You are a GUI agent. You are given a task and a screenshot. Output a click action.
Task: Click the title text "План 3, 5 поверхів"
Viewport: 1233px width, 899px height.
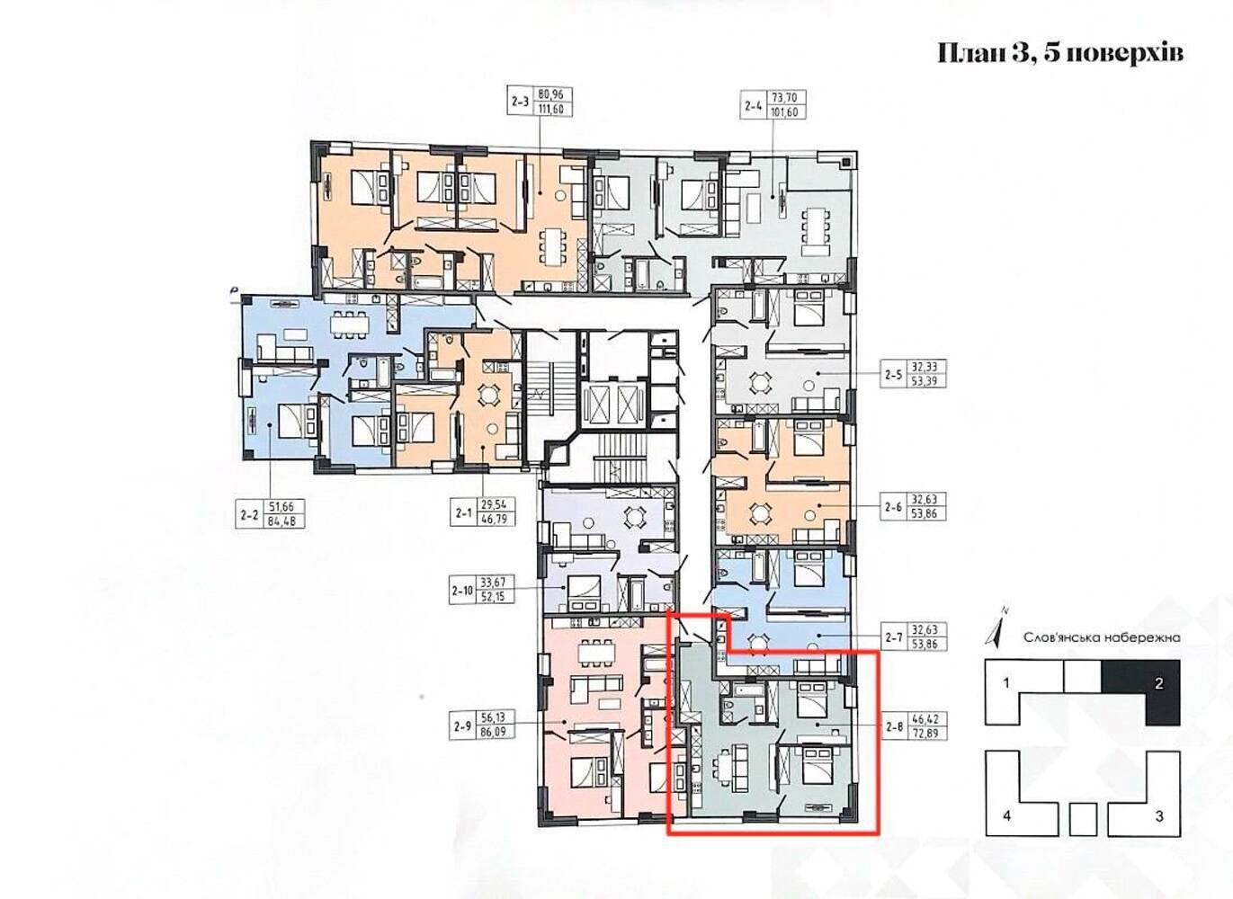click(1060, 55)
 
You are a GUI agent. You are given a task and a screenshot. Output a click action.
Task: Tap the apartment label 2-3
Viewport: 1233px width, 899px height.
click(520, 102)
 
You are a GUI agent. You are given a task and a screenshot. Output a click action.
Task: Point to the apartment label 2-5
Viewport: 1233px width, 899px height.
click(894, 375)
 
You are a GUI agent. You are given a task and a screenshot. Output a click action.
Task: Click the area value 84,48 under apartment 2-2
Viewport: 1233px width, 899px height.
click(286, 520)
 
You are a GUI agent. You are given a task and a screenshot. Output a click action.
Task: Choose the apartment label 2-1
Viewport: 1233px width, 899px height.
click(464, 513)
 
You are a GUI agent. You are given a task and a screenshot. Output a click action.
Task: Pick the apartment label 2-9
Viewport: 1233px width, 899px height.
click(463, 725)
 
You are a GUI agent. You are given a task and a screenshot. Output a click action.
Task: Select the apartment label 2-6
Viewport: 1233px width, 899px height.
click(894, 507)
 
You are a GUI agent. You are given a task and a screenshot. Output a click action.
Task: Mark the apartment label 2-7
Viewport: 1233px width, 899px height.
click(894, 636)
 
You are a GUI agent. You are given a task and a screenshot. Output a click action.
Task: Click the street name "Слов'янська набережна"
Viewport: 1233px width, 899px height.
click(1103, 638)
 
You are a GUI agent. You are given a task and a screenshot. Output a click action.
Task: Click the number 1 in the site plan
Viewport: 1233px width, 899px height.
click(1006, 684)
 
